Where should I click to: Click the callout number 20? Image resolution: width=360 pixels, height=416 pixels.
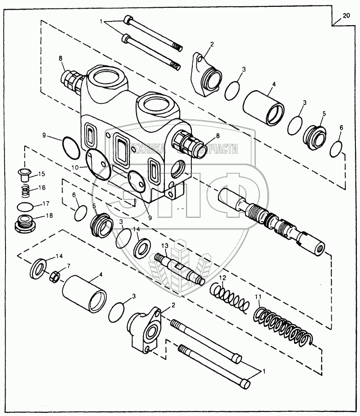(346, 16)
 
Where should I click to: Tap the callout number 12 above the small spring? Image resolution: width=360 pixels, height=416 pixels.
(222, 277)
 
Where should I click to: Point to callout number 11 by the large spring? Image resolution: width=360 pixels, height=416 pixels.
(259, 297)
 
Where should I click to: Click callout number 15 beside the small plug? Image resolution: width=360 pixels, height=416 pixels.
(41, 174)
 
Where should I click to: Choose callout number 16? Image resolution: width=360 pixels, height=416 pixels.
(41, 188)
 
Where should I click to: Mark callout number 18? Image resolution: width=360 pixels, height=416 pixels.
(41, 215)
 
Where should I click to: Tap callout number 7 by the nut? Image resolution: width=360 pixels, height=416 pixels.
(69, 266)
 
